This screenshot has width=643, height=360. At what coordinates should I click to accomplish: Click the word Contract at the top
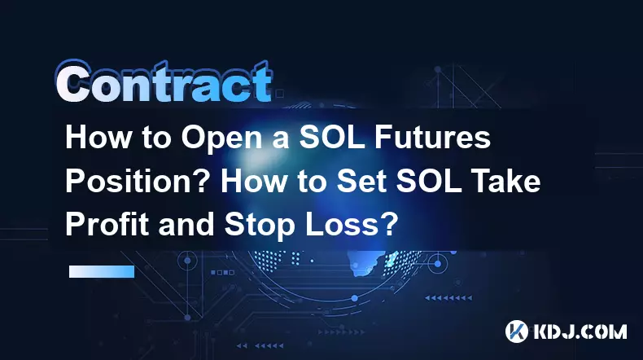point(164,82)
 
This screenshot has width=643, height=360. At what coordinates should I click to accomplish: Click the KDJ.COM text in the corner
point(580,331)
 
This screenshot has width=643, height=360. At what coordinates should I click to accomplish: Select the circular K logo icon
point(517,331)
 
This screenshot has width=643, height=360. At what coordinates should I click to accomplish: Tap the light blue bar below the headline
point(102,271)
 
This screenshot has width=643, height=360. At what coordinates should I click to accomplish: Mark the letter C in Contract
point(73,83)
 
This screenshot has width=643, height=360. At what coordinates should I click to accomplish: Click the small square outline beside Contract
point(280,94)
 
